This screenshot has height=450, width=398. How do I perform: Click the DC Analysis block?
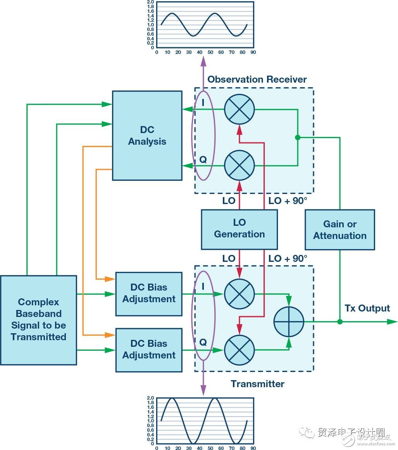[x=147, y=135]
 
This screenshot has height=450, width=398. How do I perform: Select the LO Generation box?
[x=239, y=229]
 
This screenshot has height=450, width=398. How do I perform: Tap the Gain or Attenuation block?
[x=339, y=230]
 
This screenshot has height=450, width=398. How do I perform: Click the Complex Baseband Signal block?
[x=38, y=320]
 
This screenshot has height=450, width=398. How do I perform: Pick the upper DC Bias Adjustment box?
[x=149, y=293]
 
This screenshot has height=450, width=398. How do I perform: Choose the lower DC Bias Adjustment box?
[x=149, y=350]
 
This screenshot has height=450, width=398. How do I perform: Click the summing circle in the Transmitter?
[x=289, y=322]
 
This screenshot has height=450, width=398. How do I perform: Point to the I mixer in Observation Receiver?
[x=239, y=109]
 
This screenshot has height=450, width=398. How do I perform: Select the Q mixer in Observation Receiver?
[x=239, y=166]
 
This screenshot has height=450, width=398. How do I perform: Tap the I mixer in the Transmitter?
[x=239, y=294]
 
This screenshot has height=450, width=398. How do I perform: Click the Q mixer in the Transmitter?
[x=239, y=350]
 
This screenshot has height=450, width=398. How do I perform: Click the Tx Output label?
[x=367, y=308]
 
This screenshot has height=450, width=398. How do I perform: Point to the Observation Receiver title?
[x=257, y=80]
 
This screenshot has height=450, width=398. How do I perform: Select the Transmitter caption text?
[x=257, y=384]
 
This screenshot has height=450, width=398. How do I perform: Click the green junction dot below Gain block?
[x=340, y=322]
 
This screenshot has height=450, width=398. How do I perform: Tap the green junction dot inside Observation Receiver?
[x=298, y=137]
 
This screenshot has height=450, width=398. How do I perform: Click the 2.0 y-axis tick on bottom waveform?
[x=150, y=398]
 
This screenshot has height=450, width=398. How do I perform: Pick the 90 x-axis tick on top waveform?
[x=253, y=52]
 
